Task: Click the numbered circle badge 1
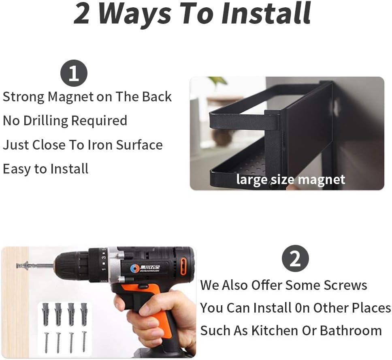pos(74,73)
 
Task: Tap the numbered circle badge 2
pos(295,258)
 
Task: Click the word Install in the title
pos(266,13)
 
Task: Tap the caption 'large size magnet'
pos(290,180)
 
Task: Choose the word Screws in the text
pos(345,285)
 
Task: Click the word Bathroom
pos(351,330)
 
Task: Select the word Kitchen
pos(275,330)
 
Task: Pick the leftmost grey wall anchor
pos(45,314)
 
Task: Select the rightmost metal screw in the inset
pos(84,341)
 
